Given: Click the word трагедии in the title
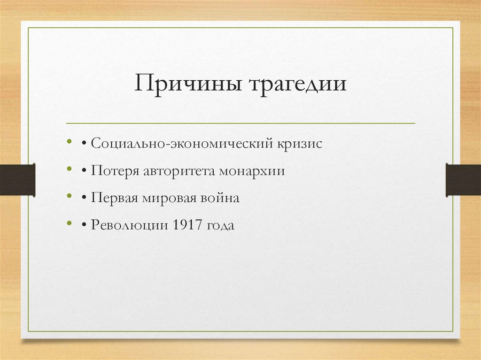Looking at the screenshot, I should pos(296,85).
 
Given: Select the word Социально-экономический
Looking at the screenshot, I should pos(180,144).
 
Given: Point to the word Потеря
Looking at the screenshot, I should pos(115,171).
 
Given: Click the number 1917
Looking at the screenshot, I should pos(187,225).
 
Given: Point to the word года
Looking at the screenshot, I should pos(220,225).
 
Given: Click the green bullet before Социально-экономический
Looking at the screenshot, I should pos(70,141).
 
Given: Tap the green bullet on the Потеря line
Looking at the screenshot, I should pos(70,169).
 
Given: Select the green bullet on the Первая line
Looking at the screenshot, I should pos(70,196).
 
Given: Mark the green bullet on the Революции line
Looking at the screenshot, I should pos(70,223).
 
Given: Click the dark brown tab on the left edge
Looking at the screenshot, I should pos(17,179).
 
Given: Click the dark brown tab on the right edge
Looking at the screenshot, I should pos(463,179).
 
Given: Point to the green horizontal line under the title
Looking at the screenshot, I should pos(240,123).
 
